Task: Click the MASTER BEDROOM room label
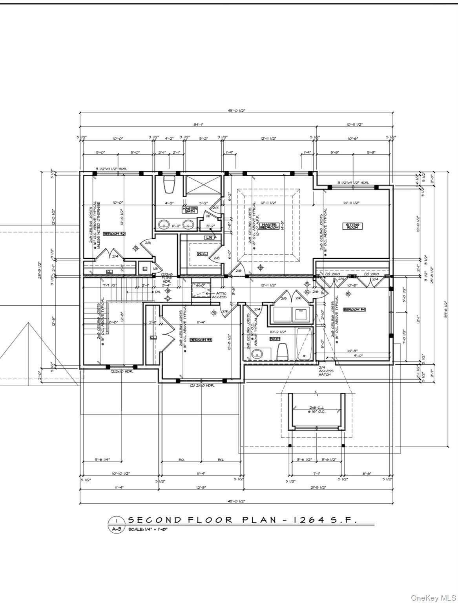(269, 227)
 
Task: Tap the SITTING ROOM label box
(352, 226)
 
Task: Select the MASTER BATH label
(190, 210)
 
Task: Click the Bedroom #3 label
(201, 340)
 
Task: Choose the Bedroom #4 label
(354, 310)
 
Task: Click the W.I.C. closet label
(202, 254)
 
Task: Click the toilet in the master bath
(169, 184)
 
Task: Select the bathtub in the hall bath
(304, 344)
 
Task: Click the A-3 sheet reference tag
(116, 529)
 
